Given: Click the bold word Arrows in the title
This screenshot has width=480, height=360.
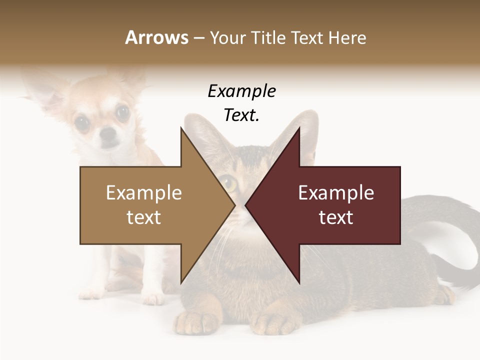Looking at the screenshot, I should [x=157, y=38].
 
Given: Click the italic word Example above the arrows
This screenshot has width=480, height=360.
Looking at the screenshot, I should [x=242, y=91].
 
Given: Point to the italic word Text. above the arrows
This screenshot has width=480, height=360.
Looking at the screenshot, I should [x=242, y=115].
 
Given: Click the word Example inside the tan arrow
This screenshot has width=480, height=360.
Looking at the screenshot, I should [x=144, y=193].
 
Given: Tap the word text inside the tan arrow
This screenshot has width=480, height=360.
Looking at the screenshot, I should [x=144, y=217].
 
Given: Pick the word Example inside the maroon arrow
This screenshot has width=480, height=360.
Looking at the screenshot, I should [x=336, y=193].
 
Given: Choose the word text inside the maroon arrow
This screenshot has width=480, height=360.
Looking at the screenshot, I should [x=336, y=217].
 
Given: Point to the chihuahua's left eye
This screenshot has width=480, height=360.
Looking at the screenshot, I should [x=82, y=120].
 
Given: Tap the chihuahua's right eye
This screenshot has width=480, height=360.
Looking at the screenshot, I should [x=122, y=112].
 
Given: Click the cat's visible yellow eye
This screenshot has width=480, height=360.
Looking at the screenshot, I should [x=229, y=183].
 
